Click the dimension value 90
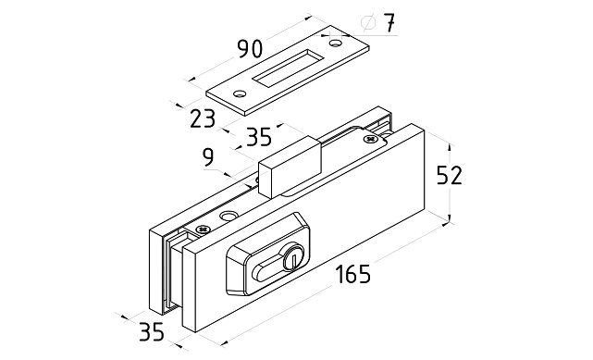pyautogui.click(x=250, y=49)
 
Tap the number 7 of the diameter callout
pyautogui.click(x=388, y=23)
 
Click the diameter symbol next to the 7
pyautogui.click(x=369, y=23)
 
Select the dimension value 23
pyautogui.click(x=203, y=118)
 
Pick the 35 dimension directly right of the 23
pyautogui.click(x=259, y=137)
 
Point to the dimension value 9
pyautogui.click(x=208, y=157)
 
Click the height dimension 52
pyautogui.click(x=450, y=176)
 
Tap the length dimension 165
pyautogui.click(x=353, y=274)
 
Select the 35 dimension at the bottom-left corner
pyautogui.click(x=152, y=332)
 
